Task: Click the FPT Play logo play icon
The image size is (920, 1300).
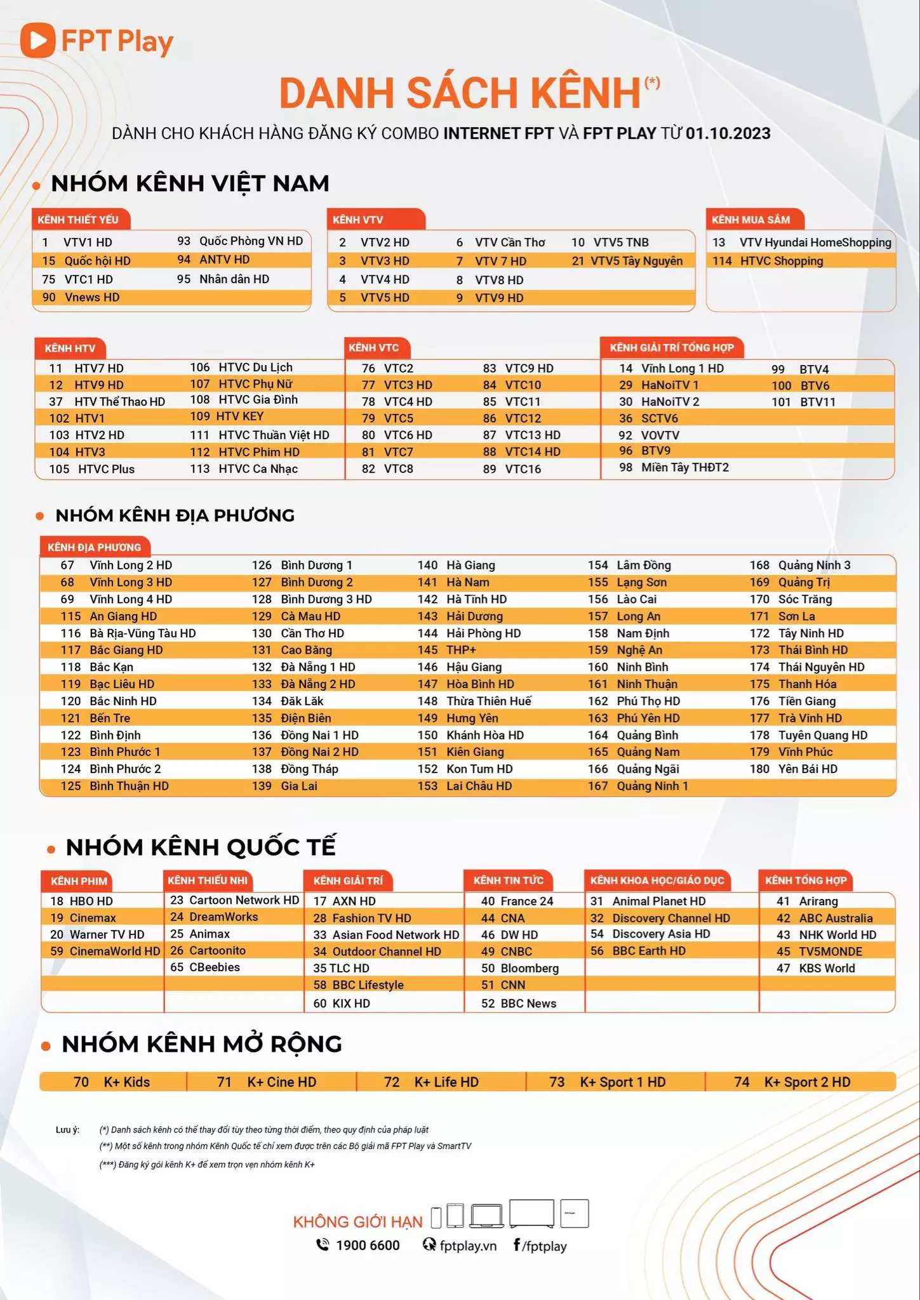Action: click(37, 41)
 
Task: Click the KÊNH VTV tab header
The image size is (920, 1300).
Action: click(358, 220)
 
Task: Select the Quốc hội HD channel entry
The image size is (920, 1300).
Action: click(97, 261)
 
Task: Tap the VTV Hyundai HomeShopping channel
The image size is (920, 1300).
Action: click(815, 242)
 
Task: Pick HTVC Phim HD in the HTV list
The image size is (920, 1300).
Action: click(258, 452)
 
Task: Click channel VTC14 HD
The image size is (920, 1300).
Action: click(532, 452)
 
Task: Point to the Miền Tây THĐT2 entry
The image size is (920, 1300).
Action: click(684, 468)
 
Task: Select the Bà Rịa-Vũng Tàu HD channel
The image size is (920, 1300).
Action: click(142, 633)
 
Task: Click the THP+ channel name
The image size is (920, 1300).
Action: click(461, 650)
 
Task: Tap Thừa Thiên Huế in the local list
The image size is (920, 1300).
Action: click(488, 701)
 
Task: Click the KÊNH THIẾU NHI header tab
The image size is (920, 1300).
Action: click(208, 880)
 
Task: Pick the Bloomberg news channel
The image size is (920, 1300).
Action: click(530, 969)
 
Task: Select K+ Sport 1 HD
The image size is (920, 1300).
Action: click(622, 1082)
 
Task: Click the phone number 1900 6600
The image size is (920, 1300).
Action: click(368, 1245)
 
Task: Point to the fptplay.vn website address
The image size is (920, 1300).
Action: click(468, 1245)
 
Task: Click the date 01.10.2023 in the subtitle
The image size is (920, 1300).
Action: click(728, 133)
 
